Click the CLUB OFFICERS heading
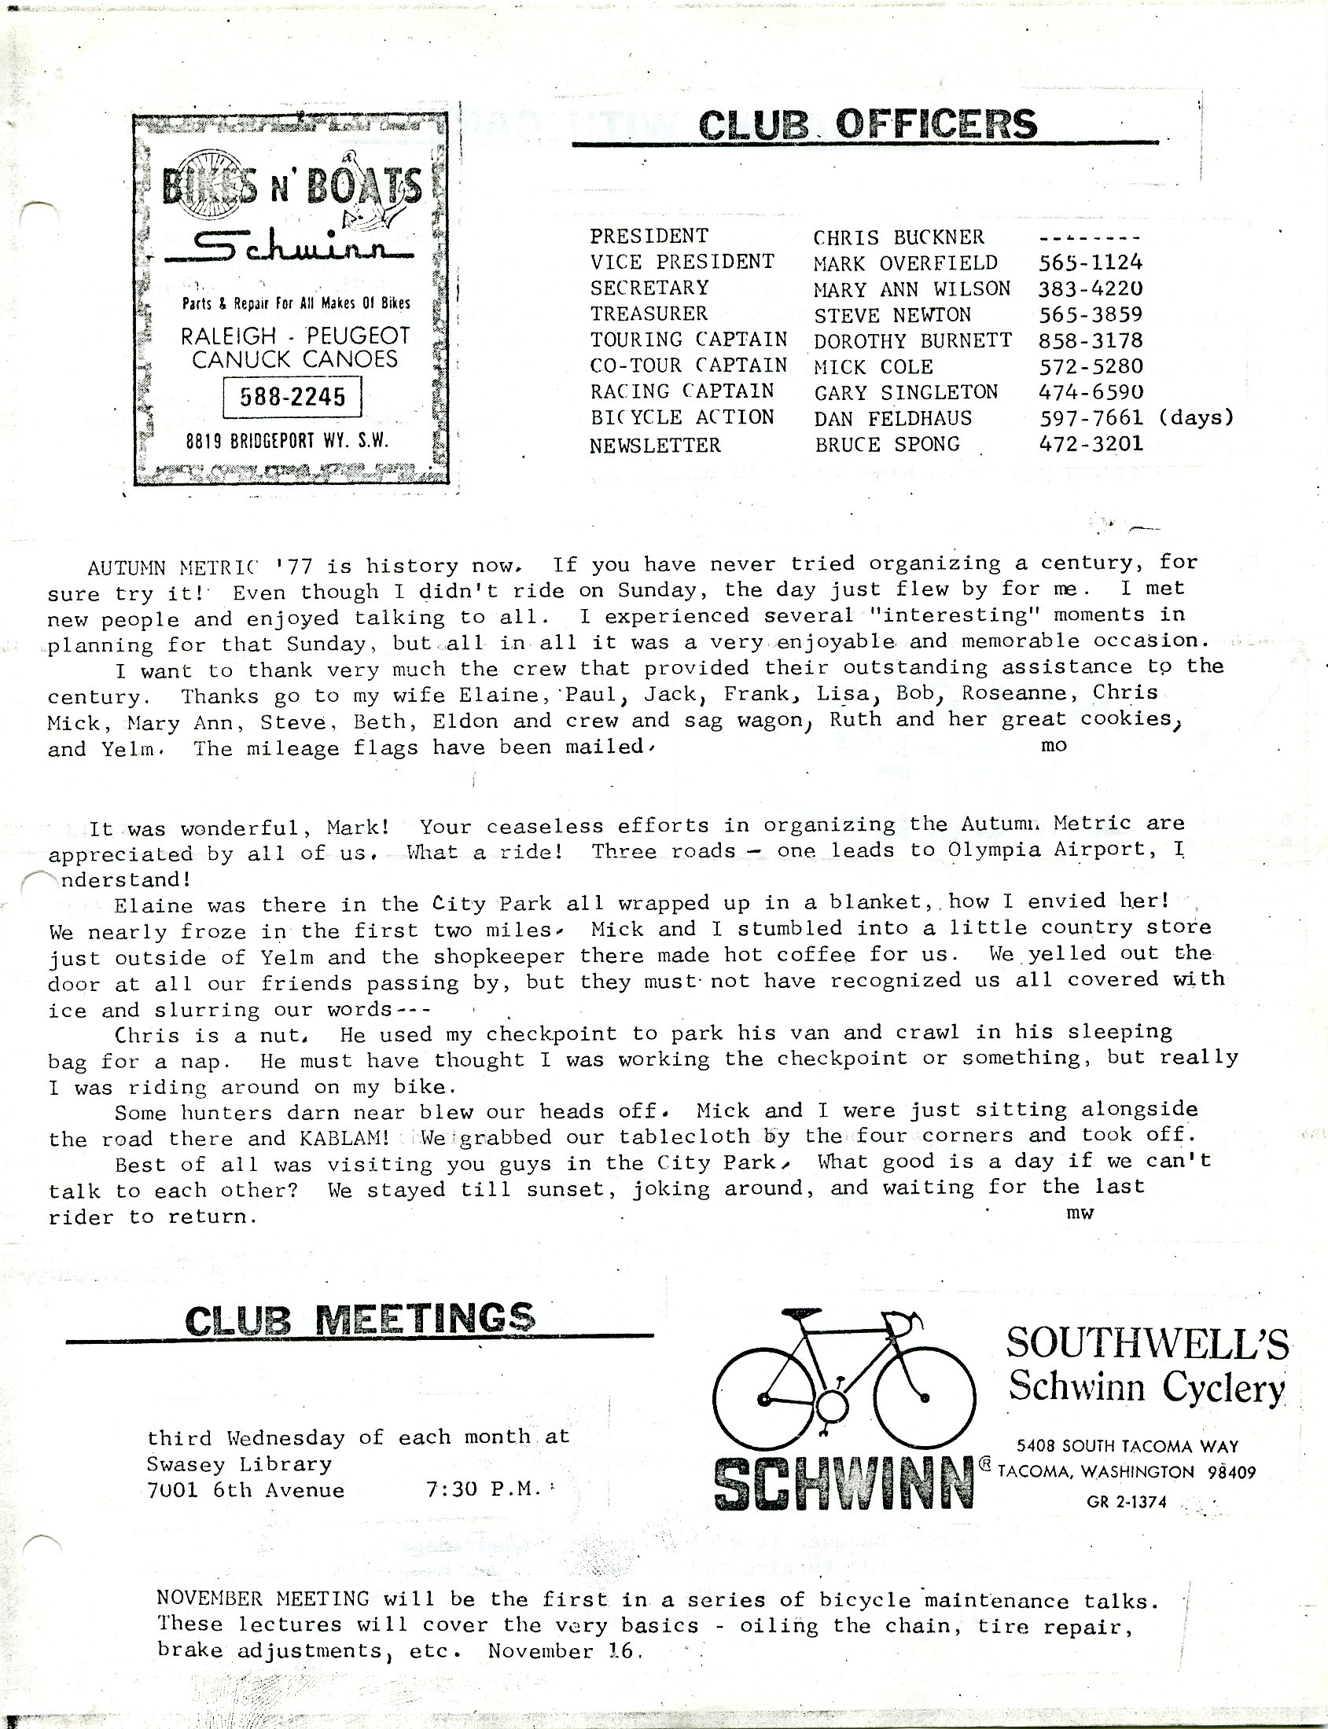868,125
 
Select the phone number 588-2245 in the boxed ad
292,397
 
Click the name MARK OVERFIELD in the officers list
906,262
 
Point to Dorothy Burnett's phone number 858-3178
1090,340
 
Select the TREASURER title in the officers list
649,314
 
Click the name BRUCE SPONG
887,444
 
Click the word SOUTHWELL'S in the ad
1146,1343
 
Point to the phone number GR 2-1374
1127,1502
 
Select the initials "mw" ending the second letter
1079,1213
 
